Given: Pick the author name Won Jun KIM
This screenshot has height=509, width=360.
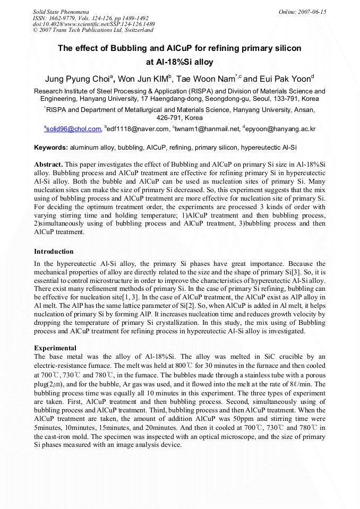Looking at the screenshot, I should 142,80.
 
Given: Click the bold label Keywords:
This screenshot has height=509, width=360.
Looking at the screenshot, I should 51,147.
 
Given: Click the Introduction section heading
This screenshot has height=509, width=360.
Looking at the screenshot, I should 54,251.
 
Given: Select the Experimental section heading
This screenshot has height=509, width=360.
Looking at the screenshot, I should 55,348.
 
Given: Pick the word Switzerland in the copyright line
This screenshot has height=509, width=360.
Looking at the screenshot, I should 133,30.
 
